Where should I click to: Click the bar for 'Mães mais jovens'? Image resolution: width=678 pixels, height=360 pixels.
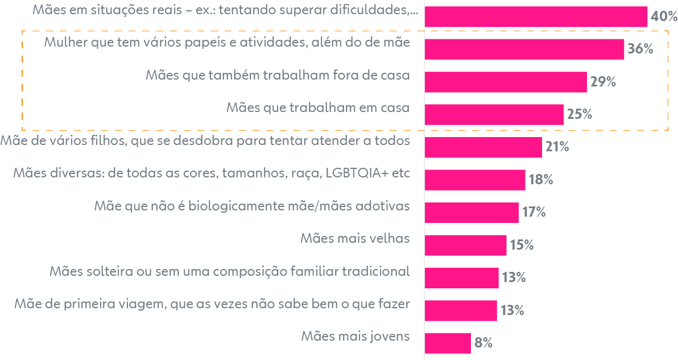tap(448, 343)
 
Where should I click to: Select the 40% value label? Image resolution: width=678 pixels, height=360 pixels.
tap(664, 16)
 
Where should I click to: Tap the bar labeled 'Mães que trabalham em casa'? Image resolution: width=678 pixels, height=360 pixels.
tap(494, 114)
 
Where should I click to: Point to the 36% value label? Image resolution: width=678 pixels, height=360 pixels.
tap(640, 49)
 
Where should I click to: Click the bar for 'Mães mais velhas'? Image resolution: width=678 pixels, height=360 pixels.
tap(465, 245)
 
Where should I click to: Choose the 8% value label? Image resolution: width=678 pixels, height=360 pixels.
tap(483, 343)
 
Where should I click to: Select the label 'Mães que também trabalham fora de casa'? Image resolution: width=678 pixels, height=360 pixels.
tap(278, 76)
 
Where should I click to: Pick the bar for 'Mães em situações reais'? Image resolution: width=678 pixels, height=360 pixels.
tap(536, 16)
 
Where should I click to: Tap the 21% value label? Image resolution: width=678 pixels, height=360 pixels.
tap(557, 147)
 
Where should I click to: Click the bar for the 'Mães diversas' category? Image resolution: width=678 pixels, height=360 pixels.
tap(475, 180)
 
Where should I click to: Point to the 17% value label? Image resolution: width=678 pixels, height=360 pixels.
tap(534, 213)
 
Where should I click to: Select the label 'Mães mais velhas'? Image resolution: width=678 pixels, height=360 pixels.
tap(355, 238)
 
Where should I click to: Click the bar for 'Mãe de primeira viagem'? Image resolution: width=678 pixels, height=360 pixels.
tap(461, 311)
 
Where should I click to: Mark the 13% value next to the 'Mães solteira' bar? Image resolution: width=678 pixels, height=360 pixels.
tap(513, 278)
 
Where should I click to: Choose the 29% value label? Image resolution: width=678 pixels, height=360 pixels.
tap(603, 82)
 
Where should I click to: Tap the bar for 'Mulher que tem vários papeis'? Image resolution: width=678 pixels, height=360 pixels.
tap(524, 49)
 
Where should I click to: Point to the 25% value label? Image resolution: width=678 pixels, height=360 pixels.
tap(580, 114)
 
